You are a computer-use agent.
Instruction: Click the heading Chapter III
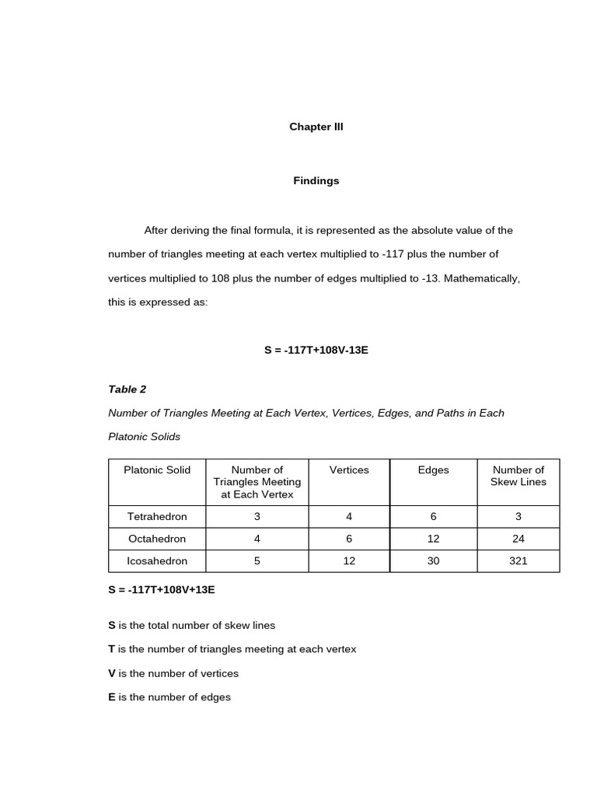pyautogui.click(x=316, y=127)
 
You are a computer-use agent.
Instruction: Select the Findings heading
pyautogui.click(x=316, y=181)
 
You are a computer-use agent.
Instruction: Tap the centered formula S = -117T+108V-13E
pyautogui.click(x=316, y=350)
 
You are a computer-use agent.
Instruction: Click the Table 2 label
pyautogui.click(x=127, y=389)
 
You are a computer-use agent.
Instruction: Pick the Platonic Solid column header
pyautogui.click(x=157, y=470)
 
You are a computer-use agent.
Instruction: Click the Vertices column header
pyautogui.click(x=349, y=470)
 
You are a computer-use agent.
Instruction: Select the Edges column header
pyautogui.click(x=433, y=470)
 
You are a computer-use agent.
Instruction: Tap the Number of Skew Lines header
pyautogui.click(x=518, y=476)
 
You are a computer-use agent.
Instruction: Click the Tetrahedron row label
pyautogui.click(x=157, y=516)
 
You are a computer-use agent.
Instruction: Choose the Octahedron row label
pyautogui.click(x=157, y=539)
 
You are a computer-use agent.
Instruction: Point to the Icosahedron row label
pyautogui.click(x=157, y=560)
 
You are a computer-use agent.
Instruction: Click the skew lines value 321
pyautogui.click(x=518, y=560)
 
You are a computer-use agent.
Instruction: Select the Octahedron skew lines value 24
pyautogui.click(x=518, y=539)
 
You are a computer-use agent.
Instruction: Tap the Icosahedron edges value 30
pyautogui.click(x=433, y=560)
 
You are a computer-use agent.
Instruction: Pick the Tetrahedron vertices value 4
pyautogui.click(x=349, y=516)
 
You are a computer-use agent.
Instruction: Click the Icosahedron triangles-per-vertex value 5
pyautogui.click(x=257, y=560)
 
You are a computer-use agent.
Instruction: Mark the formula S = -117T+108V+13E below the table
pyautogui.click(x=162, y=590)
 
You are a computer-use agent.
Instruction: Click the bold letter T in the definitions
pyautogui.click(x=111, y=649)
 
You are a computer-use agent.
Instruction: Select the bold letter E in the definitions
pyautogui.click(x=111, y=697)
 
